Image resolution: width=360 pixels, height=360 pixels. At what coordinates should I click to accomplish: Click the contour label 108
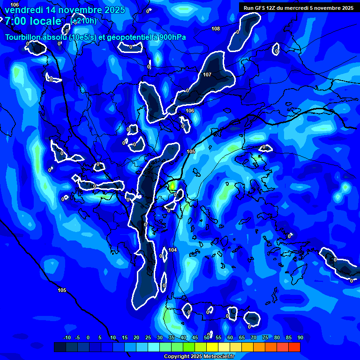[215, 29]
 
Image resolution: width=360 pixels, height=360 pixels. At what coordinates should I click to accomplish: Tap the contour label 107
[207, 75]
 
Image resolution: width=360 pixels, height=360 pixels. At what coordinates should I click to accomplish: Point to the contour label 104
[172, 250]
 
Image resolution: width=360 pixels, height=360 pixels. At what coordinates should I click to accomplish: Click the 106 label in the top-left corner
[15, 5]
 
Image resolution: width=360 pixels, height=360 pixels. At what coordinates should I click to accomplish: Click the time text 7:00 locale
[33, 21]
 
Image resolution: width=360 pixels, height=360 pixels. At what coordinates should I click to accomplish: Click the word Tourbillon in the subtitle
[23, 37]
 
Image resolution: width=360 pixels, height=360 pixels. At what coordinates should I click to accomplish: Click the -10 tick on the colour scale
[67, 338]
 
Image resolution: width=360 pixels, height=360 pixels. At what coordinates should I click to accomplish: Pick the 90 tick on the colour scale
[300, 338]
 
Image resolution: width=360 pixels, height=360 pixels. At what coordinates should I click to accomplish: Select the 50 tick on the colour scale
[207, 338]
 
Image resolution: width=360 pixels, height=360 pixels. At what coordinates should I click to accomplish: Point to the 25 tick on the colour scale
[148, 338]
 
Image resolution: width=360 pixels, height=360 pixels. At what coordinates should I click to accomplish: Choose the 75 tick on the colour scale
[265, 338]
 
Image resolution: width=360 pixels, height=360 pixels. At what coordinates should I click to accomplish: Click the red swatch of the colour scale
[294, 347]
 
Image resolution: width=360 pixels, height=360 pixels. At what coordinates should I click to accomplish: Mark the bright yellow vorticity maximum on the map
[173, 186]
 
